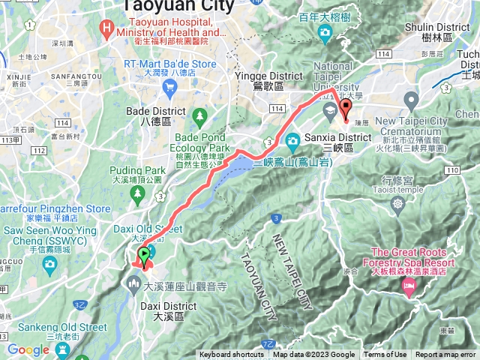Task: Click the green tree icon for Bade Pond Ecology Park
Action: [199, 115]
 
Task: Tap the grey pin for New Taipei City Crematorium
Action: [411, 100]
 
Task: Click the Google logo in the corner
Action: [28, 350]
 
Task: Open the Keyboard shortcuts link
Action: [232, 355]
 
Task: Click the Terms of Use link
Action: [385, 355]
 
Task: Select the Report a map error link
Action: [445, 355]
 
